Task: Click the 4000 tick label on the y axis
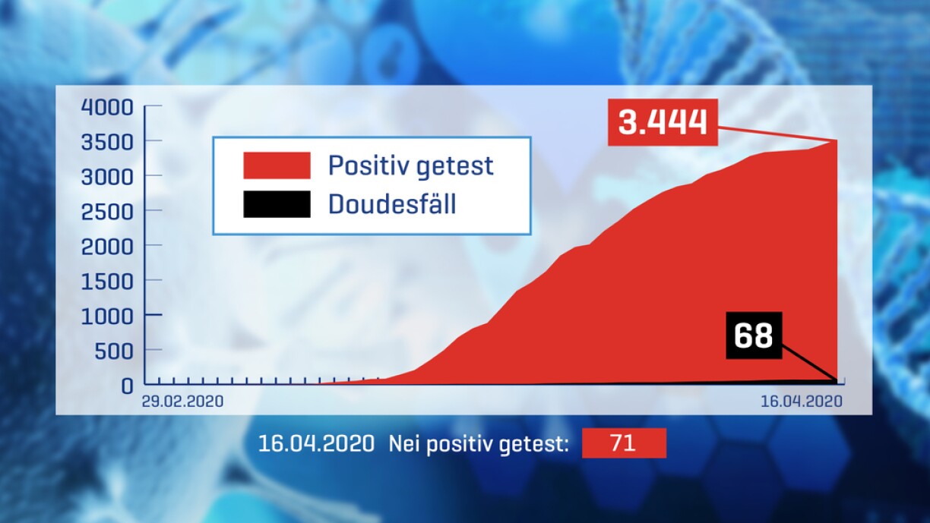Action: (107, 107)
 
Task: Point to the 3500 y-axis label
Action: (107, 142)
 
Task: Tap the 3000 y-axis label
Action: (107, 177)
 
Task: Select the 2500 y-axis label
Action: (107, 212)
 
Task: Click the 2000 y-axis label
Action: (107, 247)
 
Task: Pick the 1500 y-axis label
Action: (107, 282)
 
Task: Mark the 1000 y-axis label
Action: (107, 317)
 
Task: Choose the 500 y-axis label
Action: (114, 351)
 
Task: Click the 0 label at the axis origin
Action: (127, 386)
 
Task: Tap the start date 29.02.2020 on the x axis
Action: (182, 402)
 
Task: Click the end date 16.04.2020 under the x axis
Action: (802, 402)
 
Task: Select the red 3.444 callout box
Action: (663, 122)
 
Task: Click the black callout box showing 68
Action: (754, 335)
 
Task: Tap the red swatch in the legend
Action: (277, 165)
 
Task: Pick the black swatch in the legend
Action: (277, 204)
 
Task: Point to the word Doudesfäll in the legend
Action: (392, 203)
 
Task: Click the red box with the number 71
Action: (624, 443)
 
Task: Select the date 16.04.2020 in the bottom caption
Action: (316, 443)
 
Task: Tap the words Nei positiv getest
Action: (479, 444)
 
